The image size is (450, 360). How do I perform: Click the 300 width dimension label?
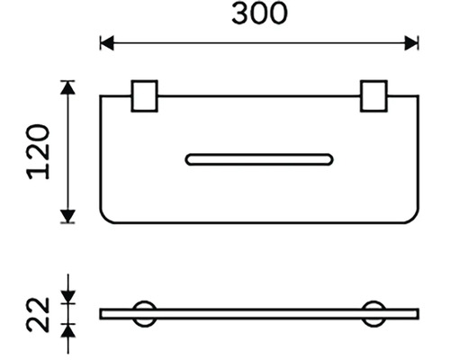[x=259, y=13]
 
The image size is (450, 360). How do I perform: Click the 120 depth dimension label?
[x=38, y=152]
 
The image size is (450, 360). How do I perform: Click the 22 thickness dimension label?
[x=38, y=315]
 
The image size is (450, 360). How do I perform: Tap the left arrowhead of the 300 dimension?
[x=107, y=43]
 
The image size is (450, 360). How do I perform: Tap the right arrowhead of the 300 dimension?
[x=411, y=43]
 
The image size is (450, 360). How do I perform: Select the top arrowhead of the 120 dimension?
[x=67, y=88]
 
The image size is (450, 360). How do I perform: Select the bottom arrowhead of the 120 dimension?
[x=67, y=216]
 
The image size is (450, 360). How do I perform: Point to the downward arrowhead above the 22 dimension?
[x=68, y=297]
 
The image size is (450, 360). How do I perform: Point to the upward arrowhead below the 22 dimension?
[x=68, y=331]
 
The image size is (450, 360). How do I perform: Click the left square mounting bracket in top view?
[x=144, y=96]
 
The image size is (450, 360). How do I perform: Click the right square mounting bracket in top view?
[x=373, y=96]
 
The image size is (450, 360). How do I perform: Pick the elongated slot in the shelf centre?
[x=259, y=159]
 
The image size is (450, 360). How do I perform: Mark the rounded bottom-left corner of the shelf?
[x=104, y=219]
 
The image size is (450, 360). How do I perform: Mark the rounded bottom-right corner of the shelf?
[x=415, y=219]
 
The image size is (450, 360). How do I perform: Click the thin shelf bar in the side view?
[x=259, y=314]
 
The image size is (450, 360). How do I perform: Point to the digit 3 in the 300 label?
[x=240, y=13]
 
